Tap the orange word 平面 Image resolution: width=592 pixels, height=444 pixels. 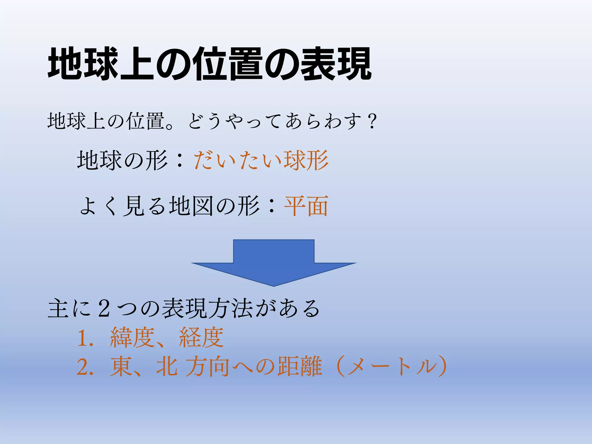(x=306, y=206)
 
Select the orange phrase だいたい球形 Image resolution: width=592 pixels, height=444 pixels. (x=261, y=160)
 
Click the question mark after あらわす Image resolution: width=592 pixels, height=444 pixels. (x=372, y=121)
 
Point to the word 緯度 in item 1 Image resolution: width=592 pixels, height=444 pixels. (x=132, y=338)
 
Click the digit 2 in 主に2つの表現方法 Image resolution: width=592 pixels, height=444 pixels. (x=104, y=309)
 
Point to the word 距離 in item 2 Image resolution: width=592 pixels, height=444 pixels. (x=300, y=367)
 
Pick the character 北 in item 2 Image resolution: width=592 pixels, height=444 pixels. (x=167, y=367)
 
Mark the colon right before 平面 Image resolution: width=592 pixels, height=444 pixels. (x=271, y=206)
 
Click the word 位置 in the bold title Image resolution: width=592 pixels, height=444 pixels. (x=229, y=64)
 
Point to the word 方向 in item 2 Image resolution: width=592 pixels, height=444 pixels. (x=208, y=367)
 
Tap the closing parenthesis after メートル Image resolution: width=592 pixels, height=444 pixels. (x=441, y=367)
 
